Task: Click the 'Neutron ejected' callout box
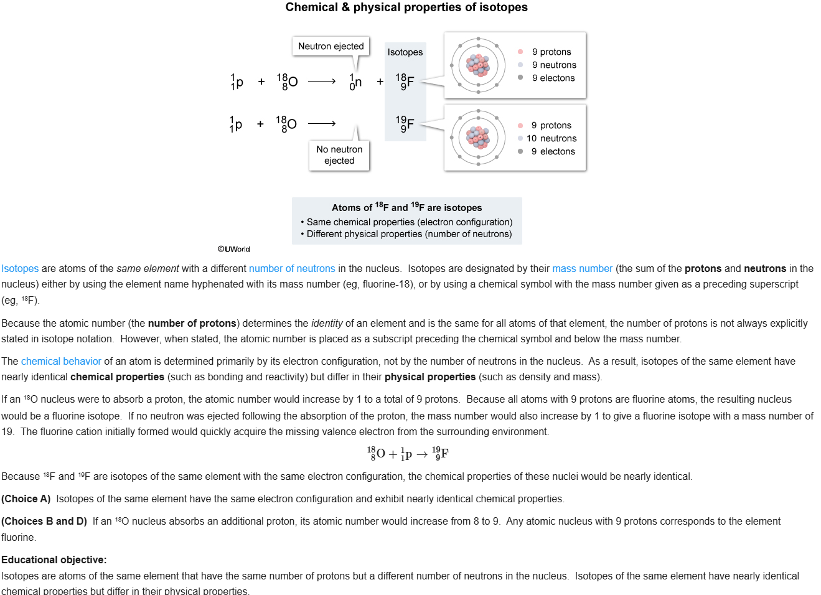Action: pos(331,46)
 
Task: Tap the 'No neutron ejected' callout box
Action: pos(339,155)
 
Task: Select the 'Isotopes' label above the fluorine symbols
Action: pos(405,52)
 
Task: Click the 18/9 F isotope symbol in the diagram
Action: pos(405,82)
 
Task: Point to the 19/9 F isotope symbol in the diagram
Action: pos(405,123)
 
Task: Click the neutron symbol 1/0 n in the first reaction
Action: pos(355,82)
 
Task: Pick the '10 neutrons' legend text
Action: pos(551,138)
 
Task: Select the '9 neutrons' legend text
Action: pos(554,65)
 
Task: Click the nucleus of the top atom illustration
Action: pos(478,65)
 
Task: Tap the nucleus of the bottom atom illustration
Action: pos(478,138)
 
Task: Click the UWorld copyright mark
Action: pos(234,249)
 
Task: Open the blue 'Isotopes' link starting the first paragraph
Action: pos(20,269)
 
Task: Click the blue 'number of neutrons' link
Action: pos(292,269)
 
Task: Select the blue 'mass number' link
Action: pos(582,269)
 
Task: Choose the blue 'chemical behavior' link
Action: pos(61,362)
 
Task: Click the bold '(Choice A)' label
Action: pos(26,499)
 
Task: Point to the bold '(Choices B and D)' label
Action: pos(44,522)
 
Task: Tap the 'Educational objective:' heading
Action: pos(54,560)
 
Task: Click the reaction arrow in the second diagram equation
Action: pos(322,123)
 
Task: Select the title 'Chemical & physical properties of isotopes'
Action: pos(406,7)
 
